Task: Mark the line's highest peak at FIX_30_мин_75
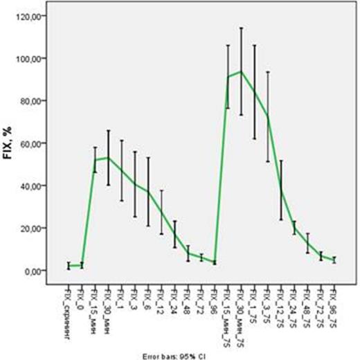[241, 71]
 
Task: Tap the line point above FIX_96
[215, 262]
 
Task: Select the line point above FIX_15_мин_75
[228, 77]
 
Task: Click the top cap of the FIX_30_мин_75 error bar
[241, 28]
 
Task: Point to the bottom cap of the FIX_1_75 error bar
[254, 138]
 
